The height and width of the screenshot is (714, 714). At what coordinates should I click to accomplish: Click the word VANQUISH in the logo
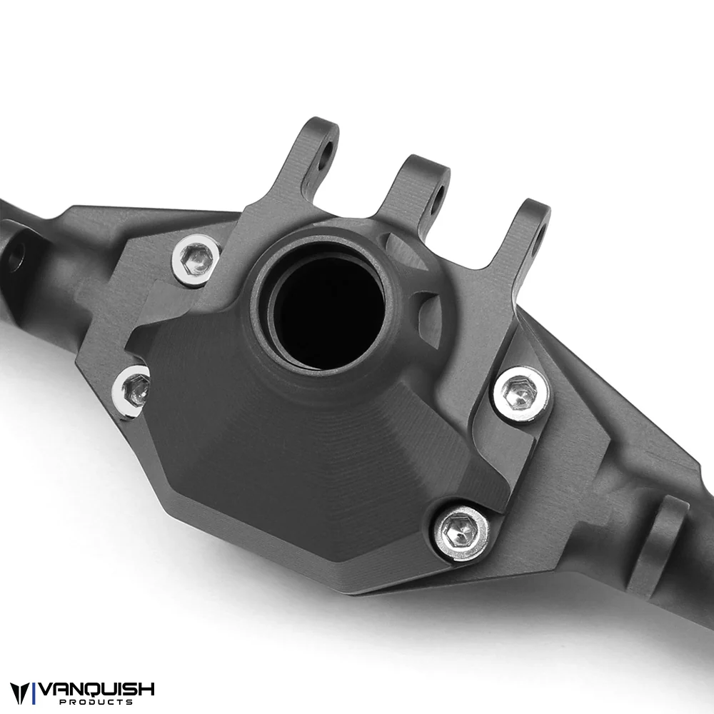click(x=96, y=689)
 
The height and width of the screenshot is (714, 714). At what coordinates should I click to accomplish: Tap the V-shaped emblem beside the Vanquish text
click(x=20, y=693)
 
